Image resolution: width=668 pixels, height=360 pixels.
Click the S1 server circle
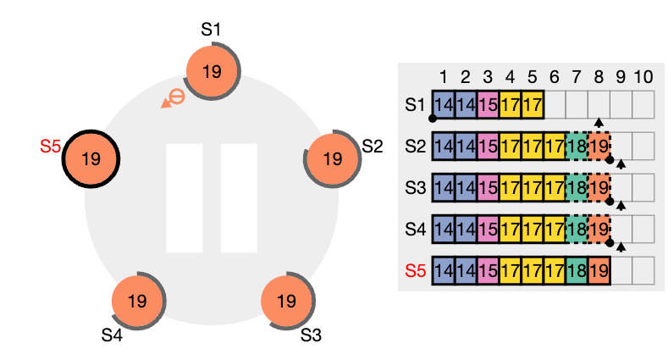[x=213, y=71]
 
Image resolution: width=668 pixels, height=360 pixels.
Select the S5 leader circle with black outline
[x=91, y=159]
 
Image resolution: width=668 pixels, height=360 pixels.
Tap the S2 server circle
[x=332, y=159]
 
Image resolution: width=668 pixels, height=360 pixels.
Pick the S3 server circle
[x=287, y=302]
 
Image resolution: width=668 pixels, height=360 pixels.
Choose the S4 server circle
[x=137, y=302]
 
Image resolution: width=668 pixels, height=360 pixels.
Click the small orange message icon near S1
[x=174, y=99]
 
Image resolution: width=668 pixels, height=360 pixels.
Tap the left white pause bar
[x=184, y=198]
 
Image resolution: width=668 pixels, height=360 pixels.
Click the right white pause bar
[x=239, y=198]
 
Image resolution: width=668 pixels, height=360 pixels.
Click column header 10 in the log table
[x=643, y=77]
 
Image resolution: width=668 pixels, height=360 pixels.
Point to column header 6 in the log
[x=555, y=77]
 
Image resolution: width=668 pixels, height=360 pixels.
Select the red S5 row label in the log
[x=416, y=270]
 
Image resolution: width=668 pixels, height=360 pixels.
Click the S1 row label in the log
[x=416, y=105]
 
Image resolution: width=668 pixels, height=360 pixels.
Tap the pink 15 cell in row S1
[x=489, y=104]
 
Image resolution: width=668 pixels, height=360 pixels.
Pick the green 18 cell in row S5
[x=577, y=270]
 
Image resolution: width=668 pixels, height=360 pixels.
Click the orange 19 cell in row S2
[x=599, y=147]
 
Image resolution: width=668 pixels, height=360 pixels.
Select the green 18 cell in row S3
[x=577, y=187]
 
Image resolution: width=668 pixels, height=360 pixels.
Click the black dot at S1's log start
[x=433, y=119]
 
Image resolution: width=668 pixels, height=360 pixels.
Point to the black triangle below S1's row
[x=599, y=123]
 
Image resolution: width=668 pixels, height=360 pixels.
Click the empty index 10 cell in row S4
[x=643, y=230]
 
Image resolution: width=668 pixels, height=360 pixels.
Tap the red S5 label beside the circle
[x=50, y=147]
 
